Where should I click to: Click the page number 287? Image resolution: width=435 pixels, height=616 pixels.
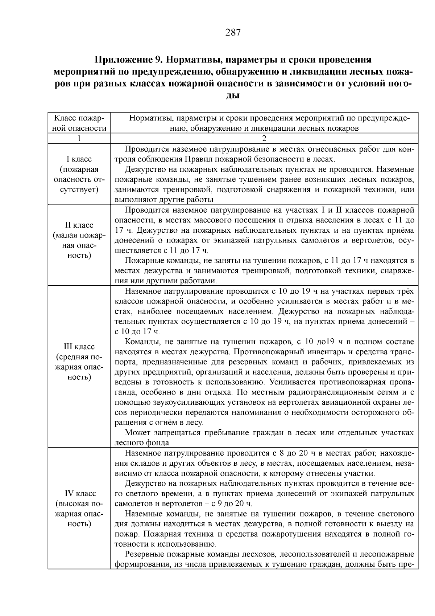(233, 33)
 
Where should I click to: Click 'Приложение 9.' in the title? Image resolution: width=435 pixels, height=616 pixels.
(128, 60)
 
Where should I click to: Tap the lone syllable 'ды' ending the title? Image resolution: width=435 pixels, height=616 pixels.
(233, 96)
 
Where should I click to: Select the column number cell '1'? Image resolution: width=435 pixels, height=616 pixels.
(79, 138)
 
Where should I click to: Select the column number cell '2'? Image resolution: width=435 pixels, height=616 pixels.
(264, 138)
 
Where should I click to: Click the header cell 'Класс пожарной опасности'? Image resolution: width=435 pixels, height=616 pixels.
(79, 123)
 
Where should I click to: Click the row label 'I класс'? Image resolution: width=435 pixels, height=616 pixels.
(79, 159)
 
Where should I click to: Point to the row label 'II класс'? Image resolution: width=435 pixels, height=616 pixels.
(79, 225)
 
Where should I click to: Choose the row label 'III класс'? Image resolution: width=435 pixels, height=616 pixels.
(79, 347)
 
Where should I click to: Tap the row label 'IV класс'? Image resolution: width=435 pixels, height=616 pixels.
(80, 494)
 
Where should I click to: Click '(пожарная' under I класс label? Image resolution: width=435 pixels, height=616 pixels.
(79, 169)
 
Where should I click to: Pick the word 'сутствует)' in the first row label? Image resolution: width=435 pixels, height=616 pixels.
(79, 189)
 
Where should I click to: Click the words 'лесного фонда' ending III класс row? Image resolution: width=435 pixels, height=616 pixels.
(142, 443)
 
